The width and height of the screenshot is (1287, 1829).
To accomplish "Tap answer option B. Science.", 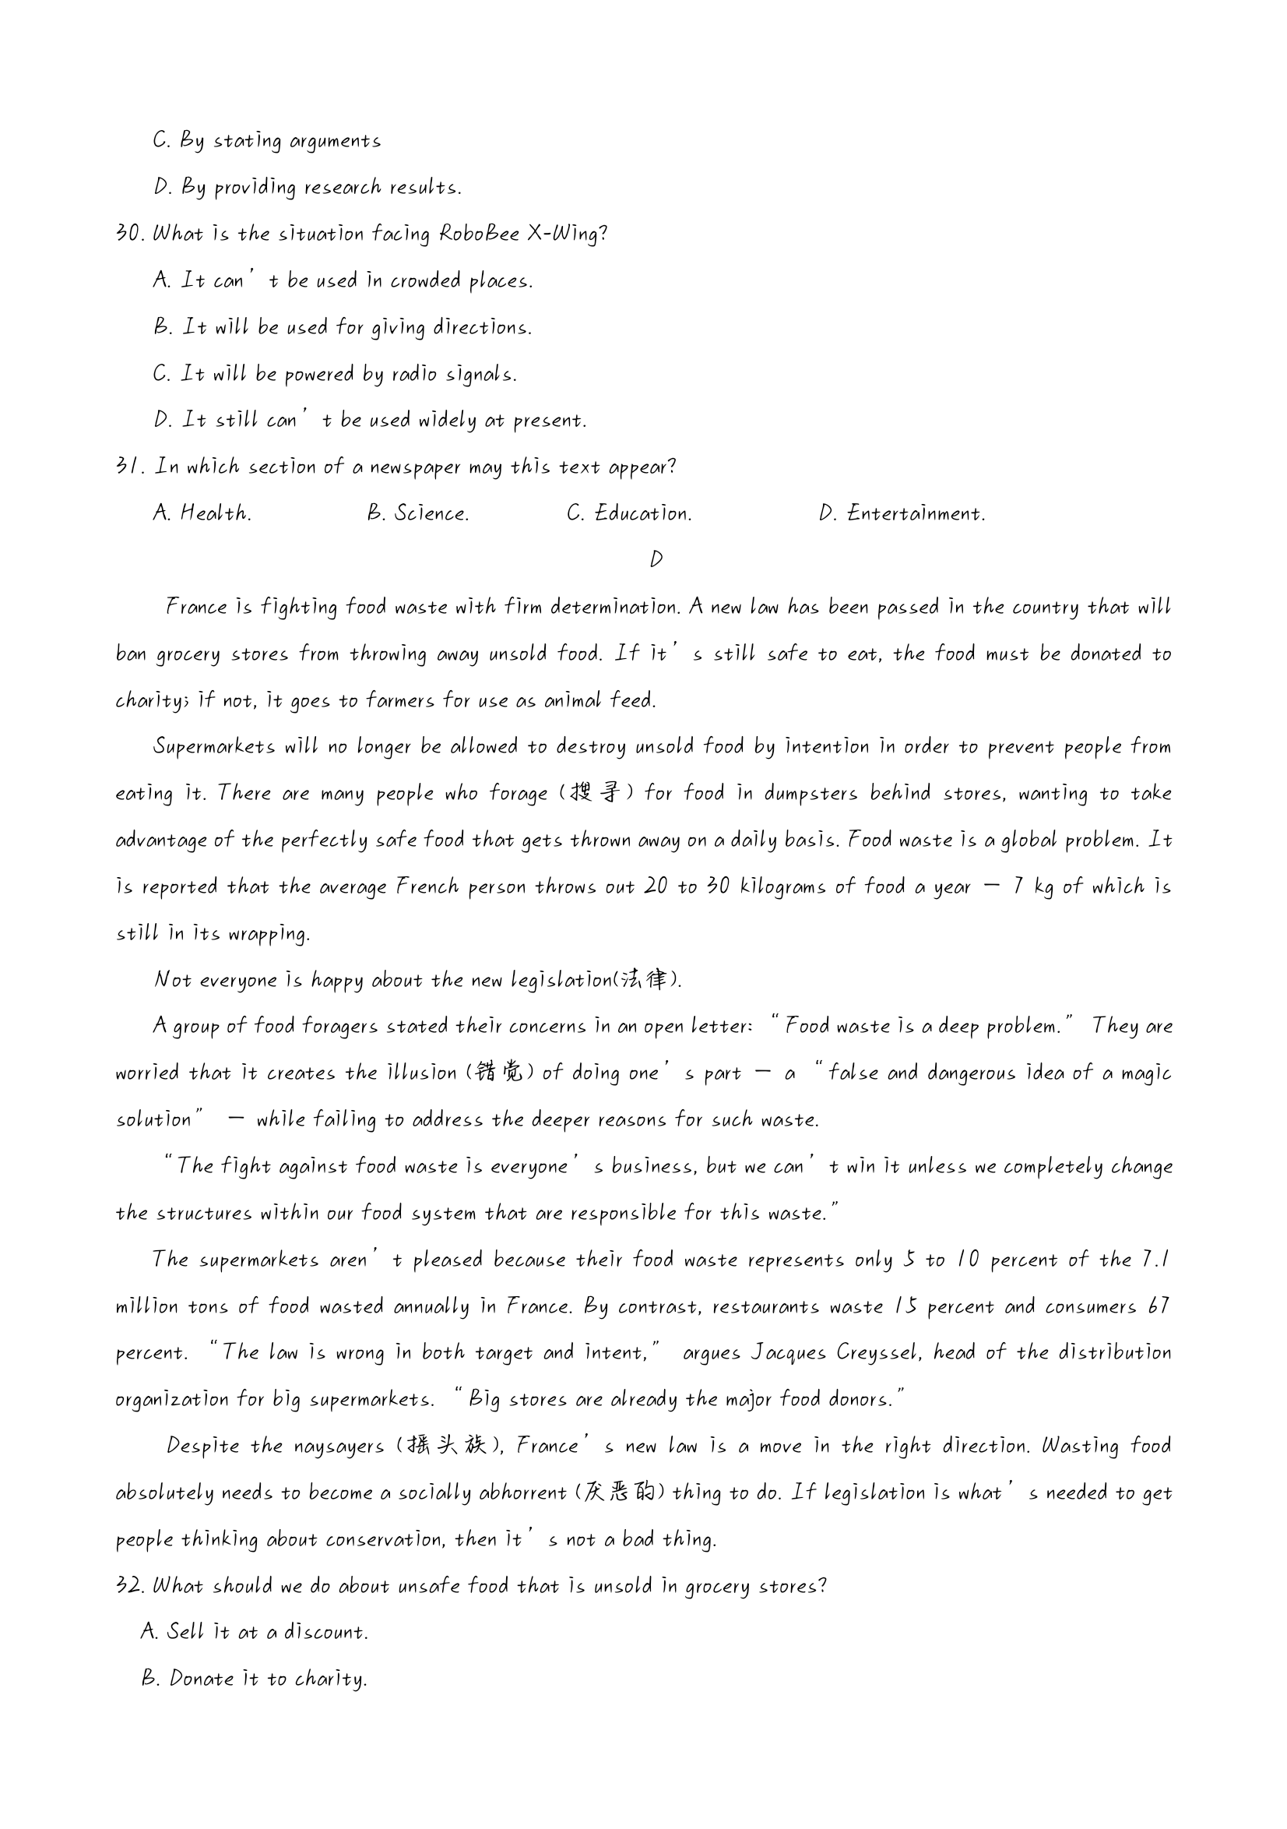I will [x=418, y=513].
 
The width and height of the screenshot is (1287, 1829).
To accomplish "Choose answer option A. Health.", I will [x=202, y=513].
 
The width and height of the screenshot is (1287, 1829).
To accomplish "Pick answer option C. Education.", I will [x=629, y=513].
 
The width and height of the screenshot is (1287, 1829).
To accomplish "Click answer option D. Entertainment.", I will [x=902, y=513].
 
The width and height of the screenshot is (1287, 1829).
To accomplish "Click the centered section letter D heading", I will [x=656, y=559].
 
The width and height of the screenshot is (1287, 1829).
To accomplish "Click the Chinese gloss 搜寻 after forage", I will [x=595, y=794].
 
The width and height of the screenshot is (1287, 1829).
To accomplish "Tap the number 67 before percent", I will [x=1159, y=1306].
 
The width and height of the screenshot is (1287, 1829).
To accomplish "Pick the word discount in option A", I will [x=325, y=1632].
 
